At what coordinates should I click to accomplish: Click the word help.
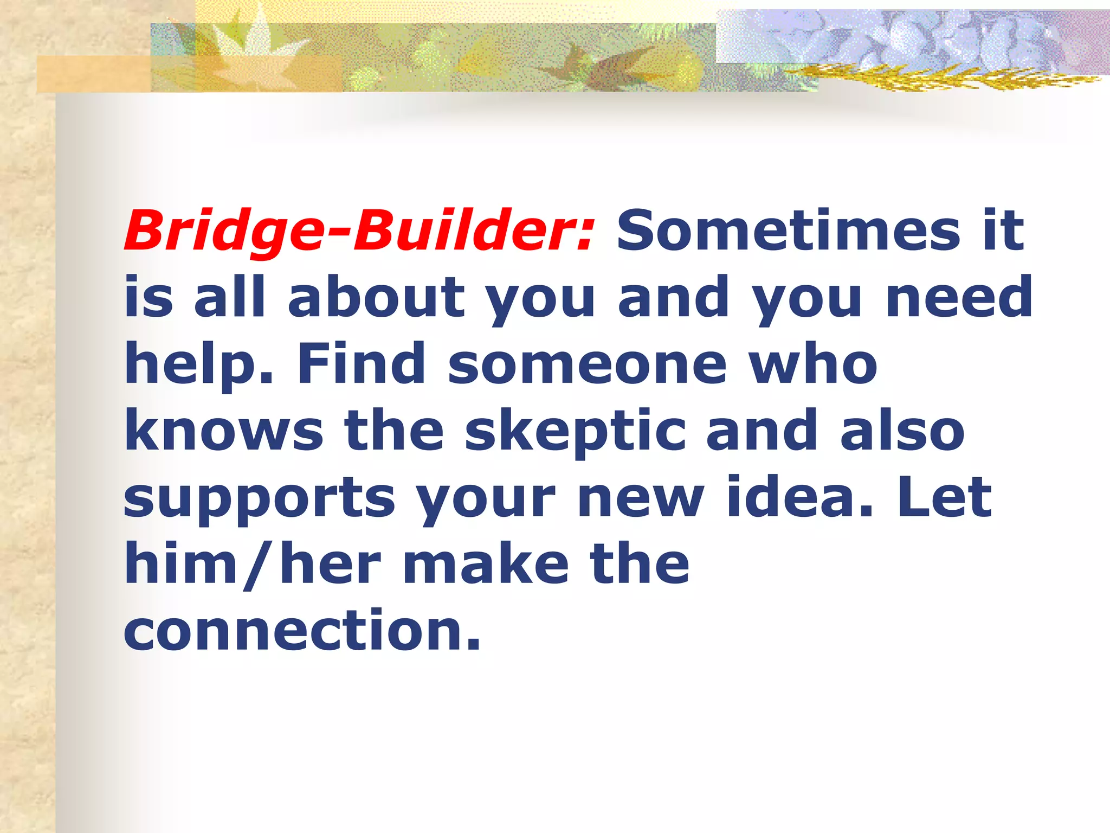(198, 364)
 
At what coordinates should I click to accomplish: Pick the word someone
(588, 364)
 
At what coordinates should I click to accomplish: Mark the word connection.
(302, 630)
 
